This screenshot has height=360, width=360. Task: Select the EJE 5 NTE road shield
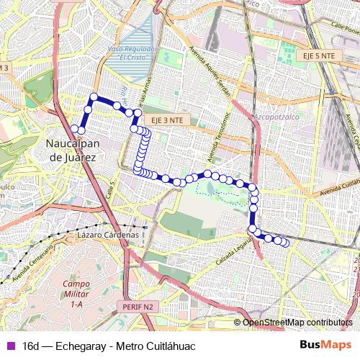click(318, 55)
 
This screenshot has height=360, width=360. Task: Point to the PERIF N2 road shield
click(135, 307)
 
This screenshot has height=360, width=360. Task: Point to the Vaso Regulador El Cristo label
click(132, 53)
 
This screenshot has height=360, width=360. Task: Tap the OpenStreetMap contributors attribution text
click(297, 323)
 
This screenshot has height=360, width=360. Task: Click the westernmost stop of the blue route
click(74, 128)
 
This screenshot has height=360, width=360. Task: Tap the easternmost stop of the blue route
click(286, 243)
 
